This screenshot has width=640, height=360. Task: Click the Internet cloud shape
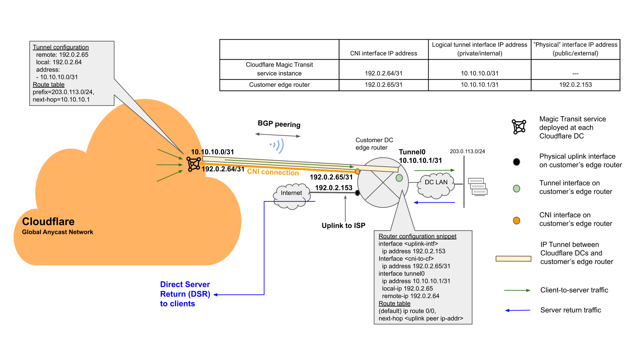(291, 196)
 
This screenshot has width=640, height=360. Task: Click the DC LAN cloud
(436, 185)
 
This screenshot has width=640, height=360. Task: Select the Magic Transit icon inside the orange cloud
(194, 164)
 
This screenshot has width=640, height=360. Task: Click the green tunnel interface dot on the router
(399, 178)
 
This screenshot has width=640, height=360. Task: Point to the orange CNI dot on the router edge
(357, 171)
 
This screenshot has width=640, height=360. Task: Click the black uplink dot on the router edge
(357, 193)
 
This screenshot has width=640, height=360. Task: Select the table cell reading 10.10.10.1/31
(479, 85)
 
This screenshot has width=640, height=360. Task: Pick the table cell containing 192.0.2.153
(575, 85)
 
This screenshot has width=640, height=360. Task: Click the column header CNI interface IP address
(383, 53)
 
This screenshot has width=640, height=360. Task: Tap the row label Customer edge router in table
(279, 85)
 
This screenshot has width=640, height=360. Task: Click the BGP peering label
(279, 124)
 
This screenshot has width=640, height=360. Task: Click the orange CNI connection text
(273, 172)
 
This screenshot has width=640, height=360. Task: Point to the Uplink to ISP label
(343, 226)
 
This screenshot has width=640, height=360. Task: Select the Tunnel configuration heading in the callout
(61, 47)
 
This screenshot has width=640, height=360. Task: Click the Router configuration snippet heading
(417, 236)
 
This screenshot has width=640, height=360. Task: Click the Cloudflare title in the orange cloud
(48, 222)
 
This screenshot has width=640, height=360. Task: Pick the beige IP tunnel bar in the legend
(513, 259)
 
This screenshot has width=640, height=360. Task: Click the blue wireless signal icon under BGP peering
(277, 145)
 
